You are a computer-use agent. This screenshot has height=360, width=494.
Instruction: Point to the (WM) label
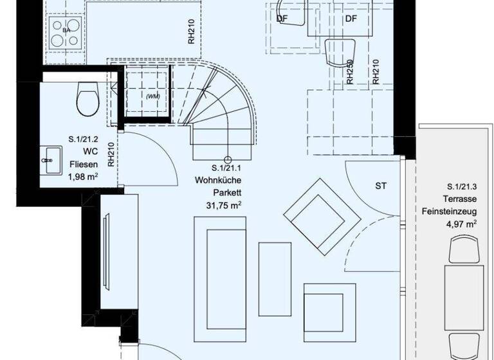pyautogui.click(x=152, y=96)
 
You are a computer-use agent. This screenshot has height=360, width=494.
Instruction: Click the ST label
pyautogui.click(x=381, y=186)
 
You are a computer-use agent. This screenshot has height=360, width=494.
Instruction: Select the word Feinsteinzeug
pyautogui.click(x=448, y=211)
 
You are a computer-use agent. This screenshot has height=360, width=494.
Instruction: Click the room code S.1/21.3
pyautogui.click(x=457, y=187)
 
